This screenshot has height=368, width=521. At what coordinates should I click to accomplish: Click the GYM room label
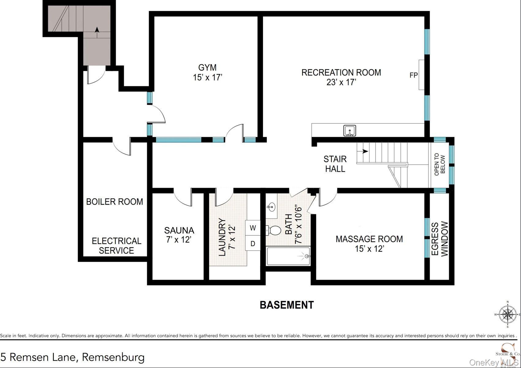(x=207, y=67)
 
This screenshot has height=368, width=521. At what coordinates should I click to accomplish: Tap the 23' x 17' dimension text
(x=341, y=82)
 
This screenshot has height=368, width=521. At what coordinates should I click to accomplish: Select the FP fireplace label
(x=413, y=75)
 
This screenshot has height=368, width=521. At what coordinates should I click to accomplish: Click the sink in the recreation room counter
(x=349, y=131)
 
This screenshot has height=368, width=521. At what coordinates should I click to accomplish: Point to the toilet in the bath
(x=273, y=230)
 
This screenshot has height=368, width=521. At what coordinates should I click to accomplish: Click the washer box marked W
(x=253, y=228)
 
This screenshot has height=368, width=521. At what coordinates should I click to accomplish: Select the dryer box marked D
(x=253, y=244)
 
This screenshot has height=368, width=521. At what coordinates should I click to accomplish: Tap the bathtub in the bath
(x=288, y=256)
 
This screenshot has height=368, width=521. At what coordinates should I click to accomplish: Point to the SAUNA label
(x=179, y=230)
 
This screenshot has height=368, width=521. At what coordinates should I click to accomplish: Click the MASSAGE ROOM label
(x=369, y=239)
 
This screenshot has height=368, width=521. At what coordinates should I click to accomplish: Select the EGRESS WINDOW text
(x=440, y=239)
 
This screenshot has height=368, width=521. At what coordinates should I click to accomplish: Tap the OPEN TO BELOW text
(x=440, y=165)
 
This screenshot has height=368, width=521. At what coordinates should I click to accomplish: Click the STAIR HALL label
(x=335, y=164)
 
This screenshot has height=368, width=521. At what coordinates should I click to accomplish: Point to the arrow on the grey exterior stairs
(x=97, y=30)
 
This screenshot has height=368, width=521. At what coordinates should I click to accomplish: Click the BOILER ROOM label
(x=114, y=202)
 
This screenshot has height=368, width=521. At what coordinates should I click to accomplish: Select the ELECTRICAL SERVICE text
(x=116, y=246)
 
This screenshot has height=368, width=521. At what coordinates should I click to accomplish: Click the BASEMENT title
(x=287, y=305)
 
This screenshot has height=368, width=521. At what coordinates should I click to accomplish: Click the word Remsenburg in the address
(x=113, y=357)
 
